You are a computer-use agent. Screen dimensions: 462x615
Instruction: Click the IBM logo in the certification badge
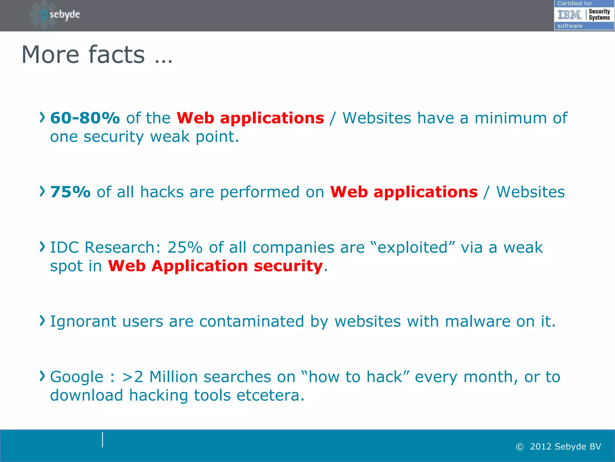click(570, 14)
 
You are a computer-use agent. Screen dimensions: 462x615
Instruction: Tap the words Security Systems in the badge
click(599, 14)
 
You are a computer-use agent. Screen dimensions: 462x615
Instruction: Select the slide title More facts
click(97, 55)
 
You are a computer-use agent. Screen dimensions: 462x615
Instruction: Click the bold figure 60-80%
click(85, 118)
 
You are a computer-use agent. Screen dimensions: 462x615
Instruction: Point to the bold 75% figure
click(70, 192)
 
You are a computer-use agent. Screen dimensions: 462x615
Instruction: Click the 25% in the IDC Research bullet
click(185, 248)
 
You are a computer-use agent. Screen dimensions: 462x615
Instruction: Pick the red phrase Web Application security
click(215, 266)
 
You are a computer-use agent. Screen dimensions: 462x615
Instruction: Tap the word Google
click(77, 377)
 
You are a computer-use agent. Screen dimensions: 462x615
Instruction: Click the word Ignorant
click(83, 322)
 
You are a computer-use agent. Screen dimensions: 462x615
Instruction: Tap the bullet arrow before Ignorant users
click(42, 321)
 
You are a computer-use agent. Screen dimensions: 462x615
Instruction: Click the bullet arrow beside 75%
click(42, 192)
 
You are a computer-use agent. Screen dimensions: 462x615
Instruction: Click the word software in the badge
click(570, 26)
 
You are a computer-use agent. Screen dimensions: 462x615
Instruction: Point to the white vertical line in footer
click(103, 440)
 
